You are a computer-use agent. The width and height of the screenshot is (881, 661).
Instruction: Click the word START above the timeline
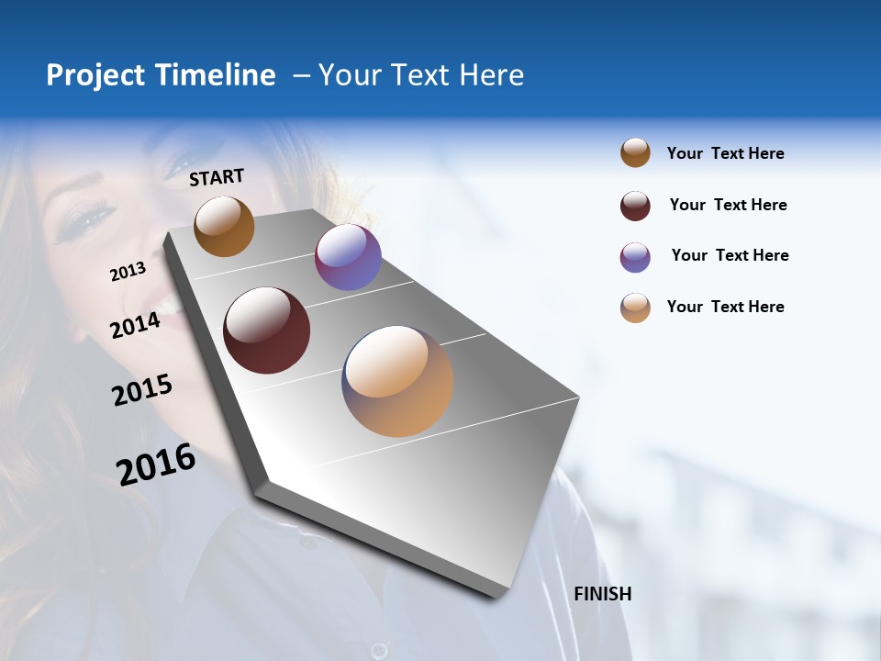click(x=217, y=177)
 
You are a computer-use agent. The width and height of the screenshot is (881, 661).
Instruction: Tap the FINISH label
click(x=603, y=594)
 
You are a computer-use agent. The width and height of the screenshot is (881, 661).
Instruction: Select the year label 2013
click(x=128, y=271)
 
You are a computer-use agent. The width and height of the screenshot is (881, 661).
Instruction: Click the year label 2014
click(x=136, y=325)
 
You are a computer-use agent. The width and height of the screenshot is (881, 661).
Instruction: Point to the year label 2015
click(x=142, y=390)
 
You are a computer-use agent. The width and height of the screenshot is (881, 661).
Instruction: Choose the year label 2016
click(x=156, y=464)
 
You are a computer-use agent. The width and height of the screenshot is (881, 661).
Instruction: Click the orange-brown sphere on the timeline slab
click(x=224, y=226)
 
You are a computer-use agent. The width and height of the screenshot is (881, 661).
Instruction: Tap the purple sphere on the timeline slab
click(x=348, y=257)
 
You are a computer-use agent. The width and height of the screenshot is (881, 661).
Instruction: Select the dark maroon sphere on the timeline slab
click(x=267, y=330)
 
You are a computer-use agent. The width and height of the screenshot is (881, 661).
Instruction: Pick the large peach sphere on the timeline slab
click(x=397, y=381)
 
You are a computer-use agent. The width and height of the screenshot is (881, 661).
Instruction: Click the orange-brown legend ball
click(x=635, y=153)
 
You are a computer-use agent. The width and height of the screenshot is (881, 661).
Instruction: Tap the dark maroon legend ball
click(x=635, y=206)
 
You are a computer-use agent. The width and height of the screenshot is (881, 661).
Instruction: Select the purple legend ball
click(x=635, y=257)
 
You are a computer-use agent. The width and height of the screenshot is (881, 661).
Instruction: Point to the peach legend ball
click(x=635, y=308)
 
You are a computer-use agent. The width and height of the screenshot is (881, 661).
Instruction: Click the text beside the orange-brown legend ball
click(x=725, y=154)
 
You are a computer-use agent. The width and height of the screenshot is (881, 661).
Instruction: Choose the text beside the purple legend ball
click(x=730, y=255)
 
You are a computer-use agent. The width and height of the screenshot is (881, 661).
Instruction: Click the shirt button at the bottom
click(x=378, y=650)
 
